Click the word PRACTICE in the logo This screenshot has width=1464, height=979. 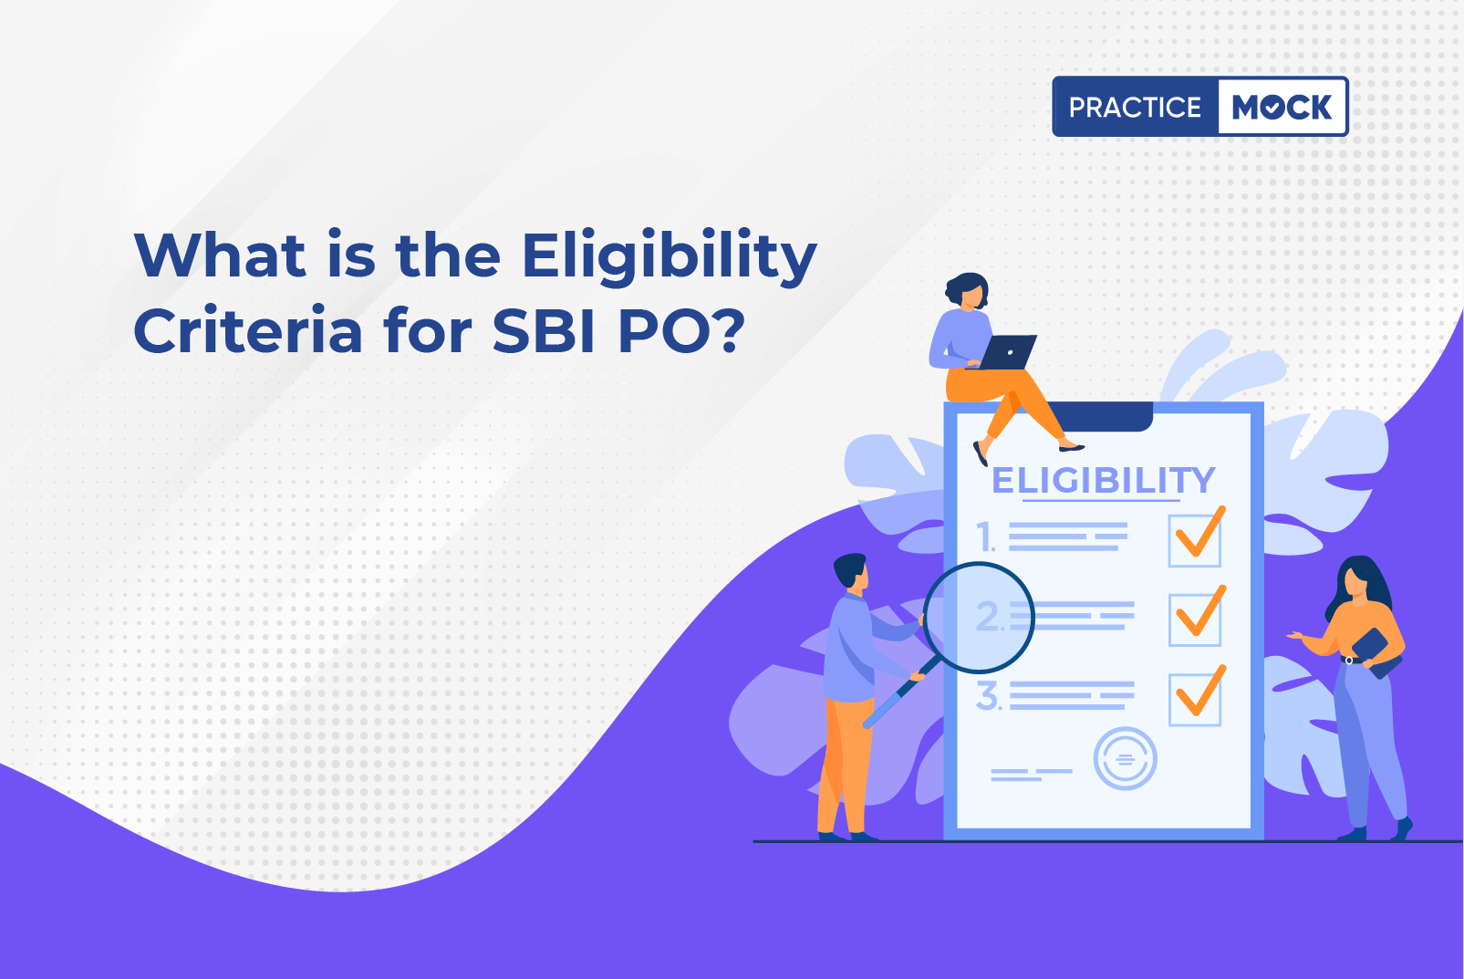pyautogui.click(x=1135, y=107)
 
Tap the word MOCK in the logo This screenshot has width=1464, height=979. pyautogui.click(x=1282, y=107)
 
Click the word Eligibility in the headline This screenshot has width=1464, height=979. pyautogui.click(x=670, y=257)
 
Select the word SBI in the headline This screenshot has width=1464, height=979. pyautogui.click(x=543, y=330)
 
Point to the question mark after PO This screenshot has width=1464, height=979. pyautogui.click(x=727, y=329)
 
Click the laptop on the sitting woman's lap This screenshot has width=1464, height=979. pyautogui.click(x=1004, y=352)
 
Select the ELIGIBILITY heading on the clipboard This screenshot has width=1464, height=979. pyautogui.click(x=1103, y=480)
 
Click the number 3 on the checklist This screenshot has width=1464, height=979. pyautogui.click(x=988, y=696)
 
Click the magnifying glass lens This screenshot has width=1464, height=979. pyautogui.click(x=979, y=618)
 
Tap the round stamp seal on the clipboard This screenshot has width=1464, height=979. pyautogui.click(x=1125, y=759)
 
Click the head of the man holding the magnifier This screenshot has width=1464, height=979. pyautogui.click(x=851, y=572)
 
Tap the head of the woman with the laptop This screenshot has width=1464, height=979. pyautogui.click(x=967, y=290)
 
